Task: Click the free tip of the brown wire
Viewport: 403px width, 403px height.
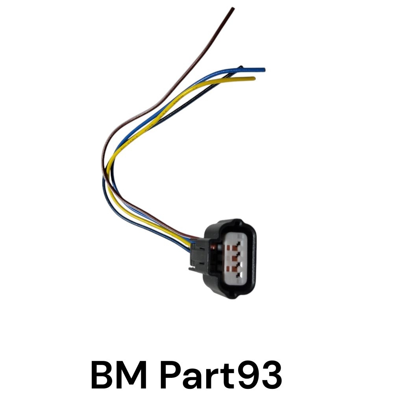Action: pos(233,9)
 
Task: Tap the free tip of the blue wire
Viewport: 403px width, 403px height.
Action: pos(264,70)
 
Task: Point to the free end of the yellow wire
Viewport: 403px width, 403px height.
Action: pos(254,78)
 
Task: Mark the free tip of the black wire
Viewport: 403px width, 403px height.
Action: pos(241,67)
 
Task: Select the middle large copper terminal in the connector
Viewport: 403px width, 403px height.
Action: pos(234,258)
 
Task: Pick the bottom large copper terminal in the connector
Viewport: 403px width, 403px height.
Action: pos(234,268)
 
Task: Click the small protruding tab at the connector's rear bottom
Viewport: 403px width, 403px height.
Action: pos(192,268)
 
